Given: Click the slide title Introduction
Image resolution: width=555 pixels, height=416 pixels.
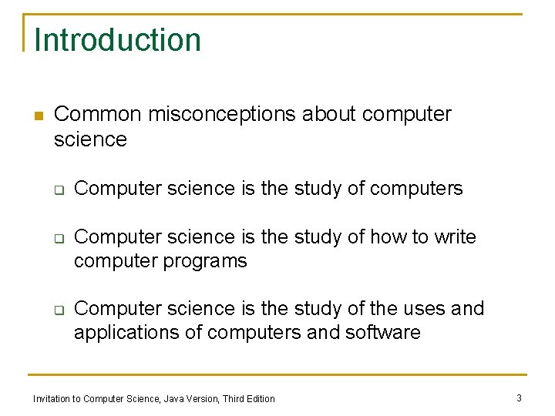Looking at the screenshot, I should (117, 40).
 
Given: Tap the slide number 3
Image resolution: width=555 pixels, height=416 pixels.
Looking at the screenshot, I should (519, 398).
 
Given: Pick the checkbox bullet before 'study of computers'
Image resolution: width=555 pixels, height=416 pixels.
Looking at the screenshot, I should (58, 190).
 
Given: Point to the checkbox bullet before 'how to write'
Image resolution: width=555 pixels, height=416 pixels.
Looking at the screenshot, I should (58, 238).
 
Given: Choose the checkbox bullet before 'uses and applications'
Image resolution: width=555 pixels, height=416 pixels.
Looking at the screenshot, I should (58, 310).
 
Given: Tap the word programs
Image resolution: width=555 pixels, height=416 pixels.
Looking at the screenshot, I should (207, 262).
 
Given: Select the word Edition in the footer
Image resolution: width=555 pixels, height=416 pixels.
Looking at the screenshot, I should (260, 398).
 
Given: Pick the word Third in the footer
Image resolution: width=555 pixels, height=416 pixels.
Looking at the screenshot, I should (233, 398).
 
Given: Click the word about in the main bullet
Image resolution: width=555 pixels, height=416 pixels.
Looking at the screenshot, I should (329, 114).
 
